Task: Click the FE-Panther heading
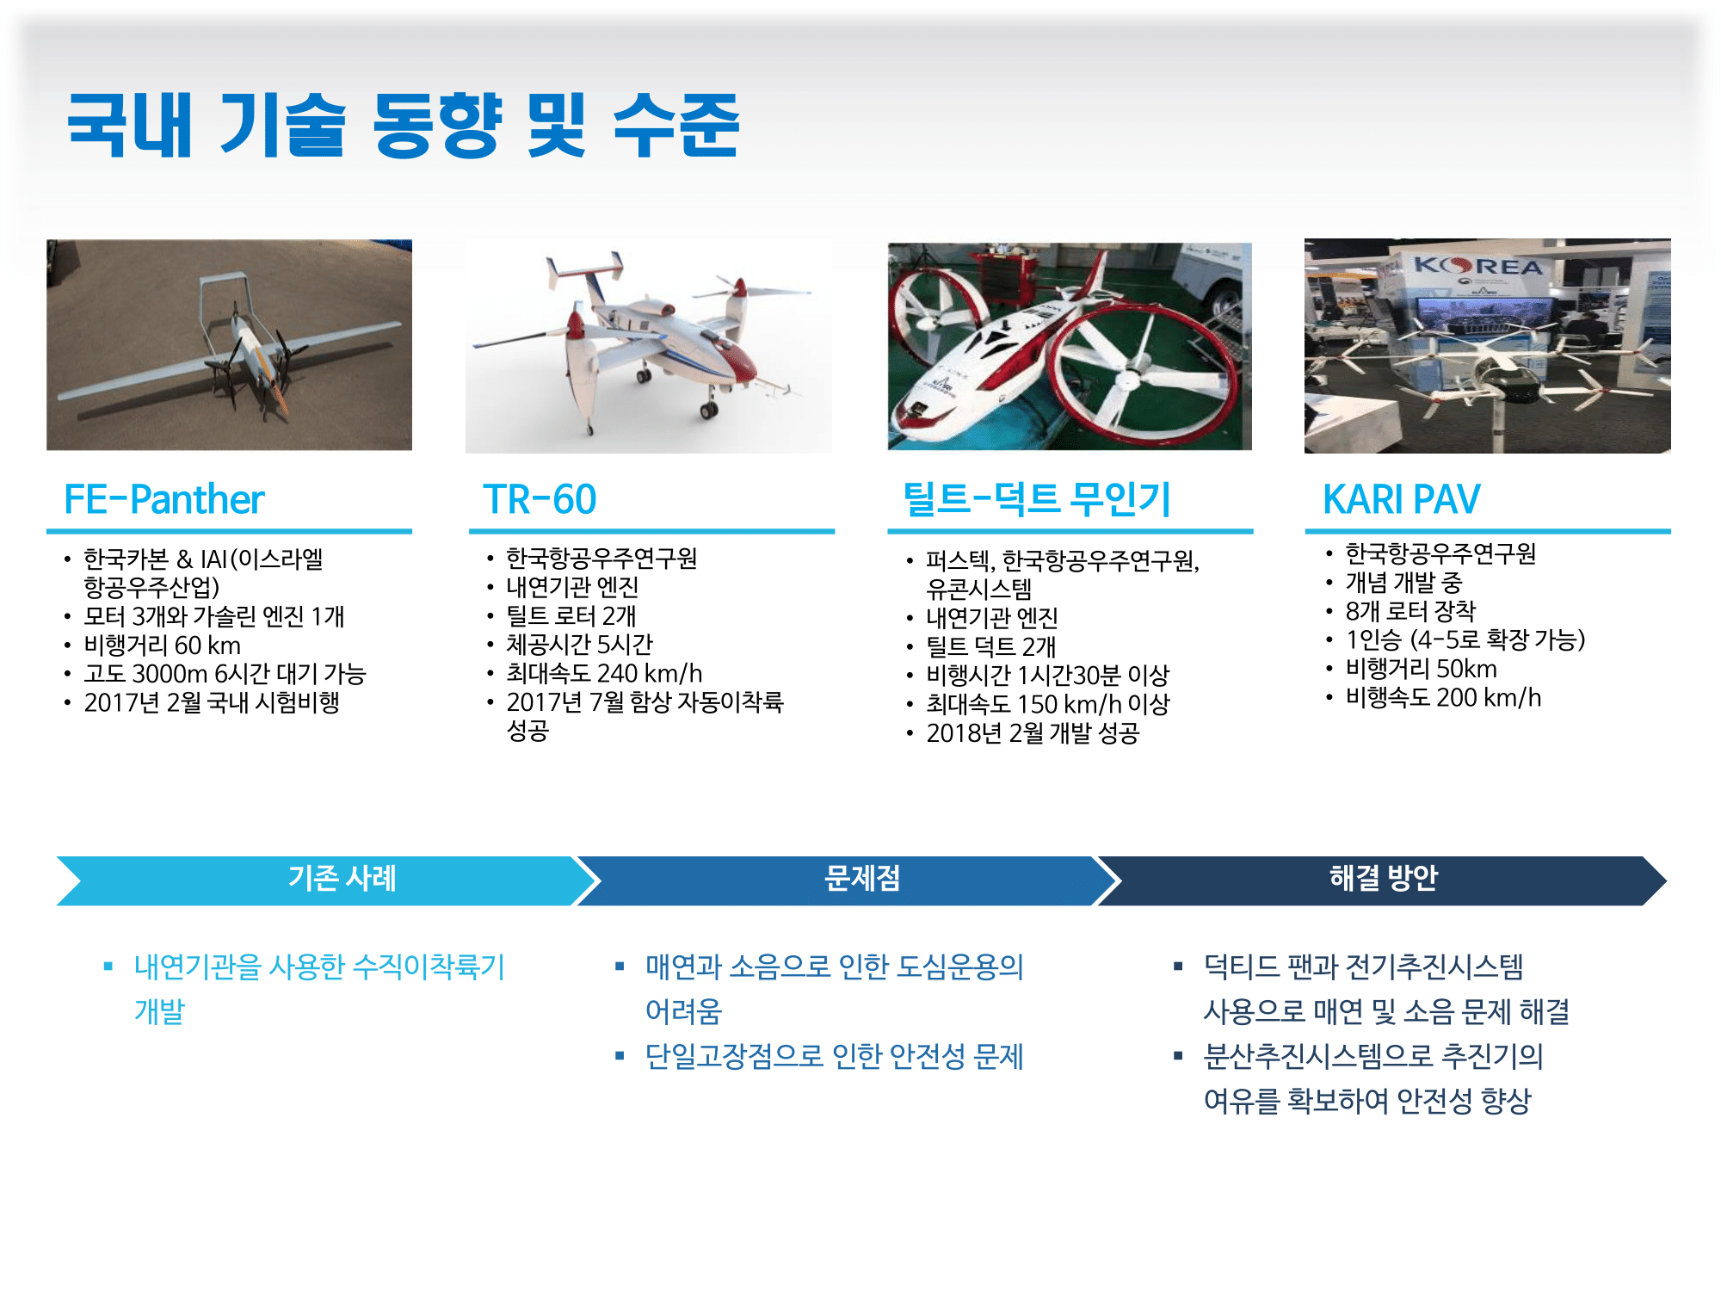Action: click(x=164, y=499)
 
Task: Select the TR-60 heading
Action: click(x=540, y=499)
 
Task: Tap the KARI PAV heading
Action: click(x=1402, y=499)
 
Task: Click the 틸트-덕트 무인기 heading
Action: click(x=1037, y=499)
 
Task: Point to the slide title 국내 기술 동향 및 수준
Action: click(x=404, y=126)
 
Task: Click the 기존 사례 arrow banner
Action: click(x=328, y=880)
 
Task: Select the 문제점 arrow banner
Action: click(x=848, y=880)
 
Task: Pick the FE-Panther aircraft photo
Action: click(x=229, y=345)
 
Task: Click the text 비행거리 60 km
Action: click(x=162, y=645)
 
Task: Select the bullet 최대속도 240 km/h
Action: click(x=604, y=673)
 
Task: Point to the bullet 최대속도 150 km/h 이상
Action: click(x=1047, y=704)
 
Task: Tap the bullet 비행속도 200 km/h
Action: click(x=1443, y=697)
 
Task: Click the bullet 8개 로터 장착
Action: click(x=1410, y=611)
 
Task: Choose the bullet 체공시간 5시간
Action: click(x=579, y=644)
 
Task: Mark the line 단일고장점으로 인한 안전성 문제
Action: click(x=834, y=1056)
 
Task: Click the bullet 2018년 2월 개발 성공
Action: click(x=1033, y=733)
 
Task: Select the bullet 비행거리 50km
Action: click(x=1421, y=669)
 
